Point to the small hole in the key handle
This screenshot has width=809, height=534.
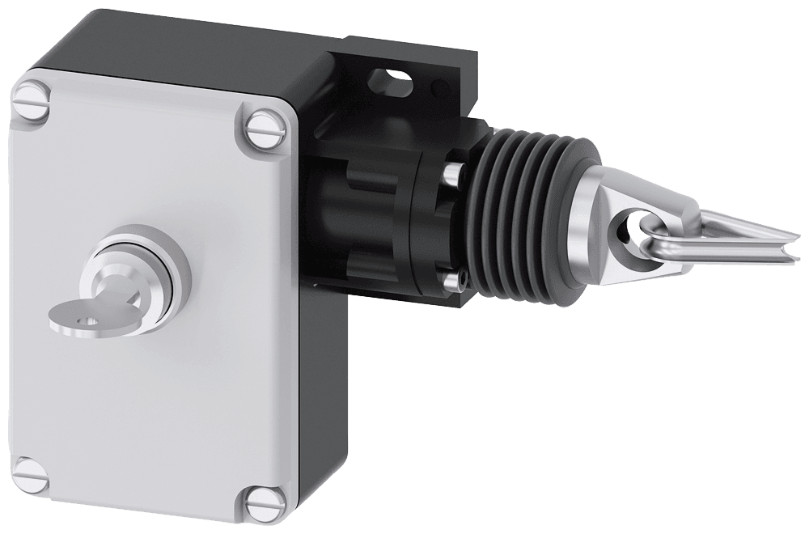tap(85, 319)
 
